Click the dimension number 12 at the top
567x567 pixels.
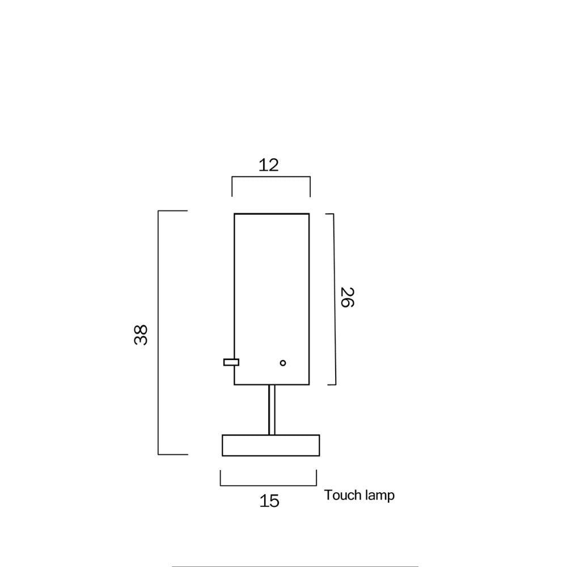coord(269,165)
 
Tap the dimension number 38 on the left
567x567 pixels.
coord(141,335)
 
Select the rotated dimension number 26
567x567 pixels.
coord(348,297)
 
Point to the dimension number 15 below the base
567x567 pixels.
coord(269,501)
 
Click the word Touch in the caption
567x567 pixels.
coord(342,494)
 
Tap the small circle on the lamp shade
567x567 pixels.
coord(283,363)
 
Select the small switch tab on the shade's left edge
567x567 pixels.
coord(231,362)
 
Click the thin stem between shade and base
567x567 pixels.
coord(272,410)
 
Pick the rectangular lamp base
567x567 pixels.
coord(271,445)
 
